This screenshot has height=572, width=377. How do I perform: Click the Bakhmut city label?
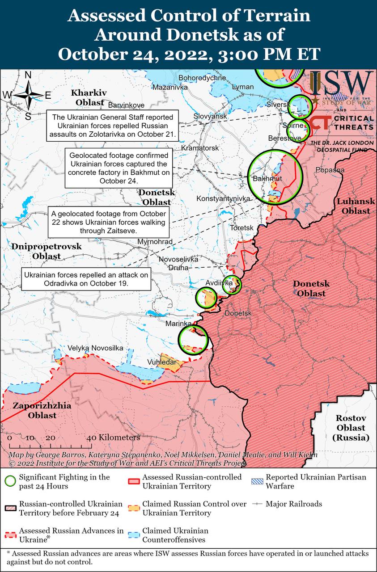click(267, 179)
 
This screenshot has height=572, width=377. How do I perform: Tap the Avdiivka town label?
click(219, 283)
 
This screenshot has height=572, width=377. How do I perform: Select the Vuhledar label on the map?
click(161, 362)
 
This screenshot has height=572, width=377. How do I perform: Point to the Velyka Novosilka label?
click(95, 348)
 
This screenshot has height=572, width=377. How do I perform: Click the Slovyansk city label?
click(210, 116)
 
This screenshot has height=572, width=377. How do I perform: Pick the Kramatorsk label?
click(200, 147)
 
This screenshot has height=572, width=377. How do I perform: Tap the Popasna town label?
click(330, 170)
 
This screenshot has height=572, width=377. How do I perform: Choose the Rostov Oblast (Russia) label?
click(351, 428)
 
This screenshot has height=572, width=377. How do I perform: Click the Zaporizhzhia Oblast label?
click(35, 411)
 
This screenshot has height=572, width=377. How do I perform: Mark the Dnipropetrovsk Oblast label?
click(47, 251)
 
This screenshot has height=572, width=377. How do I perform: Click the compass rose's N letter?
click(28, 75)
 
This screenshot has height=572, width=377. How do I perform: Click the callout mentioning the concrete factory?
click(119, 168)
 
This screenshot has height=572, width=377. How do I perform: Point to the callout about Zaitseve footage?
click(109, 222)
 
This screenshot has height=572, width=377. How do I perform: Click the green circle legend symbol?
click(10, 481)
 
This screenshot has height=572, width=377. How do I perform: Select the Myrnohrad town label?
click(155, 241)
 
